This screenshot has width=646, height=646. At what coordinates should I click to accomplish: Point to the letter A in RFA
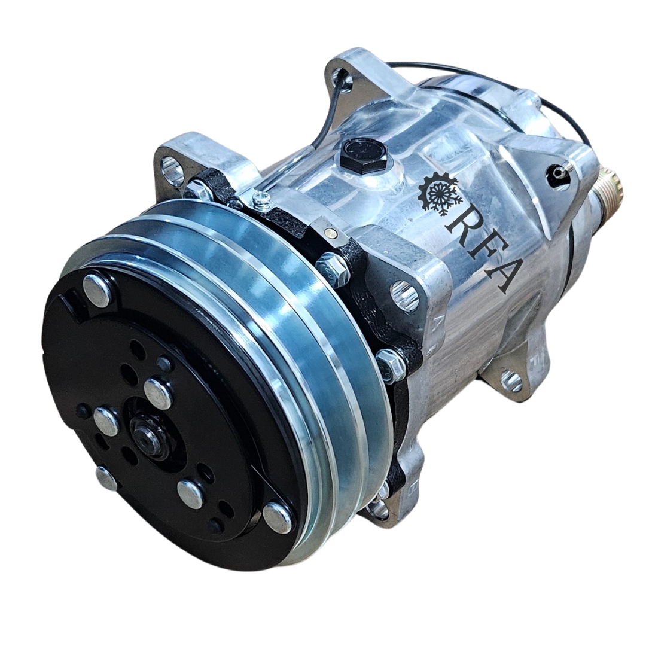(x=499, y=275)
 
